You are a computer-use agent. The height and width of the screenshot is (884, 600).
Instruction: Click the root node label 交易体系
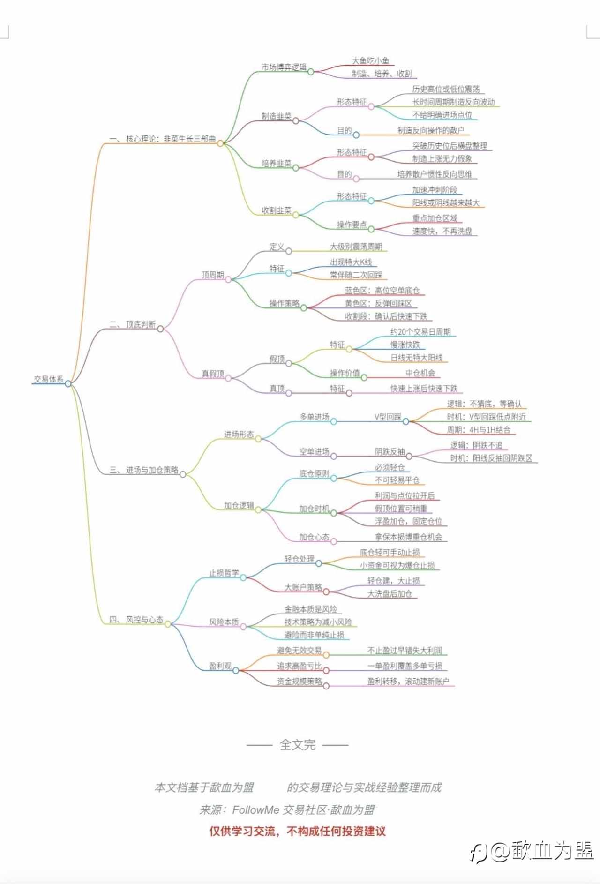click(x=49, y=379)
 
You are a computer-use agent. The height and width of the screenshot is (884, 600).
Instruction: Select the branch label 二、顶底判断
click(x=133, y=324)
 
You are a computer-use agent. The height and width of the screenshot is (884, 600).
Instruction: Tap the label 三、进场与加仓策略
click(x=144, y=470)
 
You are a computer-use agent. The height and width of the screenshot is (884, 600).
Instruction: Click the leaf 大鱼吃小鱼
click(x=370, y=61)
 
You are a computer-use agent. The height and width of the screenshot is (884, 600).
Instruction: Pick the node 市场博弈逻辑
click(x=284, y=67)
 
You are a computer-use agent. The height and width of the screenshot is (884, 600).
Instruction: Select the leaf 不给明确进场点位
click(x=442, y=115)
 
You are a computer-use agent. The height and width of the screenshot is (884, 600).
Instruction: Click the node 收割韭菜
click(x=276, y=210)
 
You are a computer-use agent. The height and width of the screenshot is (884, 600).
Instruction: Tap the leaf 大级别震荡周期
click(x=356, y=247)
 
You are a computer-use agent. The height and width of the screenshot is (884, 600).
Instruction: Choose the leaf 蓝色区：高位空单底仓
click(x=382, y=291)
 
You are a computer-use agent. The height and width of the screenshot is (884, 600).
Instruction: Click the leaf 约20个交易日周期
click(x=420, y=332)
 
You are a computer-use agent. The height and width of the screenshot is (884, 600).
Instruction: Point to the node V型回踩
click(x=388, y=417)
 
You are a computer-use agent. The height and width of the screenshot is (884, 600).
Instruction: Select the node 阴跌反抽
click(x=390, y=452)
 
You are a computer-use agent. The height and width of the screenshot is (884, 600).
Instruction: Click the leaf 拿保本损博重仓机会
click(x=408, y=537)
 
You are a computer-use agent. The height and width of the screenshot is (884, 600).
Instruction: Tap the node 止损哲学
click(x=224, y=573)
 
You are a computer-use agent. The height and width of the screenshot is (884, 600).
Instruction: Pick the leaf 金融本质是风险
click(x=310, y=609)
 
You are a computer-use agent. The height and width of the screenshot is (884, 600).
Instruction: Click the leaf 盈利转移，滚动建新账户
click(x=408, y=682)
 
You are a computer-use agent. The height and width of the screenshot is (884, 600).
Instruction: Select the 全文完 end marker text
click(x=297, y=744)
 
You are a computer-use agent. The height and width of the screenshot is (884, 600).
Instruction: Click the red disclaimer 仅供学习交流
click(x=297, y=832)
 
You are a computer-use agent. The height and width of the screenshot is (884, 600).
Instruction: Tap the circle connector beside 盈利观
click(x=236, y=670)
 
